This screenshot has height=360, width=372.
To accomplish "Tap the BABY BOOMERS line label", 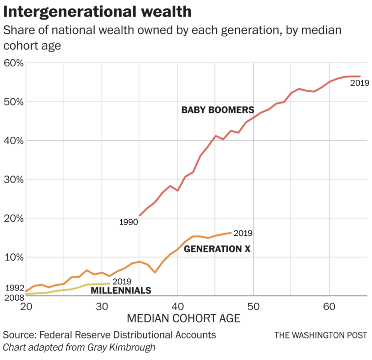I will [217, 110].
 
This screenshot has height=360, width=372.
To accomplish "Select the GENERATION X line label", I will [217, 249].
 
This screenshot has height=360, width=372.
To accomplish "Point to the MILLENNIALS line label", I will [121, 290].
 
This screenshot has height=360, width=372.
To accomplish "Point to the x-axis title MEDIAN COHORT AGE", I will [184, 319].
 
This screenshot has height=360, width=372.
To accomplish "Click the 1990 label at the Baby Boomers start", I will [128, 222].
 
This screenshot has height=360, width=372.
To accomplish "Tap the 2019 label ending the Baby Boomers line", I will [359, 83].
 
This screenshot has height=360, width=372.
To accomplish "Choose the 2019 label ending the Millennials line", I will [122, 282].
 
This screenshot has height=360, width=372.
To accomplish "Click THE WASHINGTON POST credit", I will [320, 335].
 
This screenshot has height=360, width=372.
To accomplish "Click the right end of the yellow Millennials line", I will [109, 283].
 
